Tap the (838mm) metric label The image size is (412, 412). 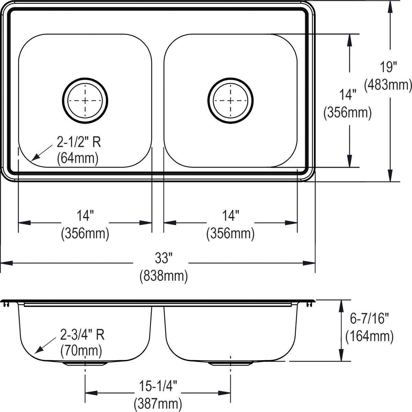[x=163, y=276]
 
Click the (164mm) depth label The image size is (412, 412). [x=369, y=336]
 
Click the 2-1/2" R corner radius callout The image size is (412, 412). [x=79, y=142]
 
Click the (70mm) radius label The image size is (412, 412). [x=81, y=351]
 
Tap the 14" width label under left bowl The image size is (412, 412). [x=85, y=217]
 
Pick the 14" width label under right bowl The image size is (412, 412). [x=230, y=217]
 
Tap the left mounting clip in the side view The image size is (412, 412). [x=6, y=304]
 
